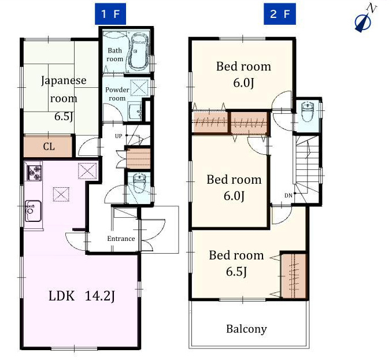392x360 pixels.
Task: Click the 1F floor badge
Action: coord(110,14)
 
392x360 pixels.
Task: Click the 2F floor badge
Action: coord(280,14)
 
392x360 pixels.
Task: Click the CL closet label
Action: coord(49,146)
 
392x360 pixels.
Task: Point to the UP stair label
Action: coord(119,136)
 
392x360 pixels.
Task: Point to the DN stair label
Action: coord(289,196)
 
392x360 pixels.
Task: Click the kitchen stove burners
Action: coord(34,173)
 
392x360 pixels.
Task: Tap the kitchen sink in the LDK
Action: coord(33,211)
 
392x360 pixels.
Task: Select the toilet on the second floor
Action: coord(307,111)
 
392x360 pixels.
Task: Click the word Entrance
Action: coord(121,239)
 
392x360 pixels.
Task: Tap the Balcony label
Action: coord(246,329)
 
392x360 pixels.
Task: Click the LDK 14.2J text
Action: coord(82,296)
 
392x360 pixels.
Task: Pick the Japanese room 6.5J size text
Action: coord(64,117)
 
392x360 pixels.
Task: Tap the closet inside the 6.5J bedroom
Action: coord(294,276)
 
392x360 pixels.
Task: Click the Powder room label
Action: coord(117,94)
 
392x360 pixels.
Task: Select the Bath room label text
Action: coord(114,55)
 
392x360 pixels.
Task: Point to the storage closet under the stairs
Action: coord(138,159)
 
